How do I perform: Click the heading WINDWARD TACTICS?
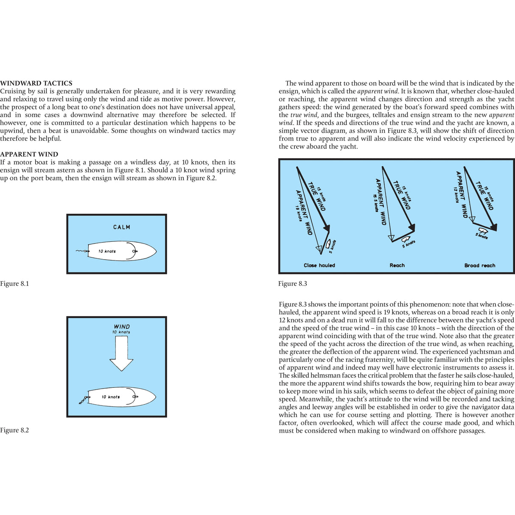click(x=36, y=83)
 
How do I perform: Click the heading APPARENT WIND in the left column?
click(x=29, y=154)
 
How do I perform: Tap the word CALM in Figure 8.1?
click(x=122, y=227)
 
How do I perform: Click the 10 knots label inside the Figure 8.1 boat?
click(x=107, y=251)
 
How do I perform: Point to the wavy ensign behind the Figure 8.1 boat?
click(x=81, y=251)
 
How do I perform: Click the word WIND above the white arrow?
click(x=122, y=327)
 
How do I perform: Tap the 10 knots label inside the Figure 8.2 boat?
click(x=111, y=397)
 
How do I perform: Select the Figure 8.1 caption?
click(x=14, y=284)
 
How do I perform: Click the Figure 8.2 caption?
click(x=14, y=430)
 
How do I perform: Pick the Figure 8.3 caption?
click(x=293, y=284)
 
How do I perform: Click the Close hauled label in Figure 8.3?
click(x=319, y=266)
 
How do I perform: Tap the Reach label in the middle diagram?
click(x=397, y=266)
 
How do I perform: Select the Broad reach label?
click(x=480, y=266)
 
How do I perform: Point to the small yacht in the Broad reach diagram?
click(x=482, y=231)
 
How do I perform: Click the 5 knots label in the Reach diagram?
click(x=409, y=244)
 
